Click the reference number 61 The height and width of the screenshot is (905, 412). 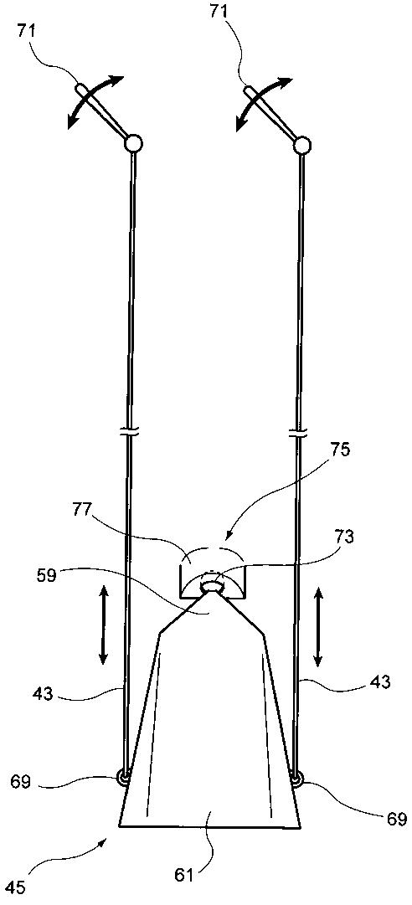pyautogui.click(x=187, y=872)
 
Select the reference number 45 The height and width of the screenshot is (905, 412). pyautogui.click(x=18, y=887)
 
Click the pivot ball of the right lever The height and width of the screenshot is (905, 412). pyautogui.click(x=301, y=146)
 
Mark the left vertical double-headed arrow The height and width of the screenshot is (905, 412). pyautogui.click(x=103, y=624)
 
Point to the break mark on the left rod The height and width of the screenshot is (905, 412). pyautogui.click(x=131, y=432)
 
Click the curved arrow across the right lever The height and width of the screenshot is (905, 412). pyautogui.click(x=264, y=100)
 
